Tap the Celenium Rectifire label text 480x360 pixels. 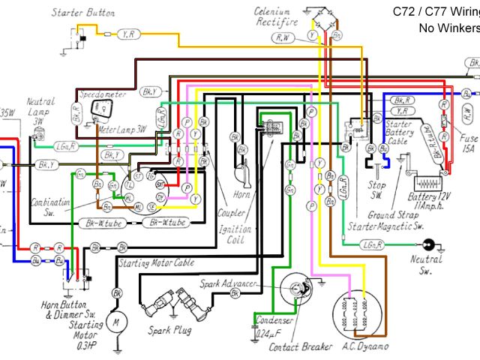pyautogui.click(x=273, y=18)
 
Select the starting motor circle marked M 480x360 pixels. pyautogui.click(x=116, y=322)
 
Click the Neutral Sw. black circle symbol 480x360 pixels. pyautogui.click(x=429, y=244)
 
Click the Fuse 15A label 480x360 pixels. pyautogui.click(x=469, y=144)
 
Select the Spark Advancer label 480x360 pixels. pyautogui.click(x=229, y=283)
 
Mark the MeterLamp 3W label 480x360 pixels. pyautogui.click(x=124, y=129)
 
